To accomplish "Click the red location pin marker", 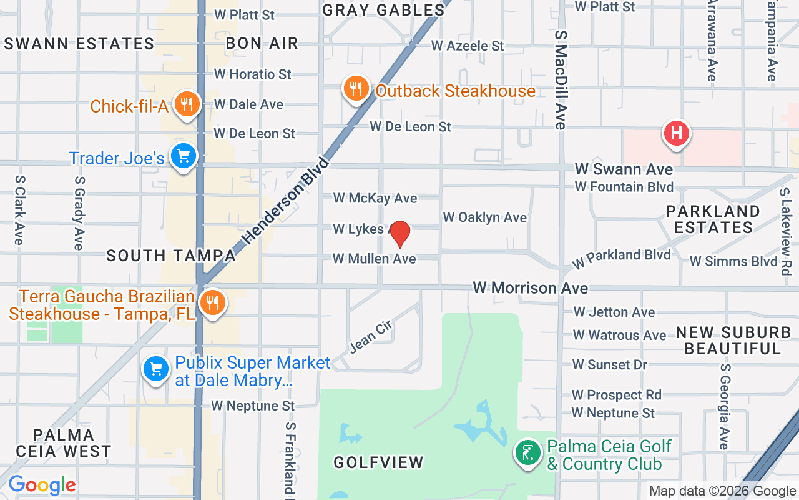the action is tap(399, 234).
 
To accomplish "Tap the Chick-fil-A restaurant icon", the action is tap(186, 104).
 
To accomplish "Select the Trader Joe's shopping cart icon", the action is tap(183, 156).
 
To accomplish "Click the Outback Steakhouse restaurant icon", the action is tap(356, 89).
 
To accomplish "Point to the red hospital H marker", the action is tap(676, 133).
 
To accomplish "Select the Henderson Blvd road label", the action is tap(285, 199).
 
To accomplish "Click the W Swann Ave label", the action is tap(624, 169).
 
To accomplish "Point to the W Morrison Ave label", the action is tap(530, 288).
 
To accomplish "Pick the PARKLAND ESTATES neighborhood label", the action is tap(713, 219).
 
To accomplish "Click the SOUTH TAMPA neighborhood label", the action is tap(171, 256).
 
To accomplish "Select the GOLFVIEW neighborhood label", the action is tap(378, 462).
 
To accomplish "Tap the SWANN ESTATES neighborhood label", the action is tap(79, 44).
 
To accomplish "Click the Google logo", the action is tap(42, 485).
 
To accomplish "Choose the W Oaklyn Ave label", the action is tap(485, 217).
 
